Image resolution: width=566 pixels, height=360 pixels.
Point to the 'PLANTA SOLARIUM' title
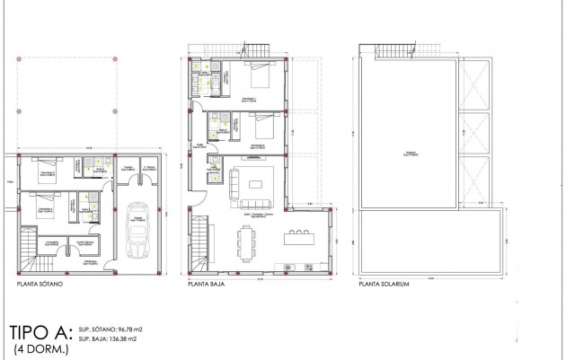click(384, 284)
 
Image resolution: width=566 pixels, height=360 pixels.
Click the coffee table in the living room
click(256, 184)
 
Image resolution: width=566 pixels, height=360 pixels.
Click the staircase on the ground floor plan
click(199, 243)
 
